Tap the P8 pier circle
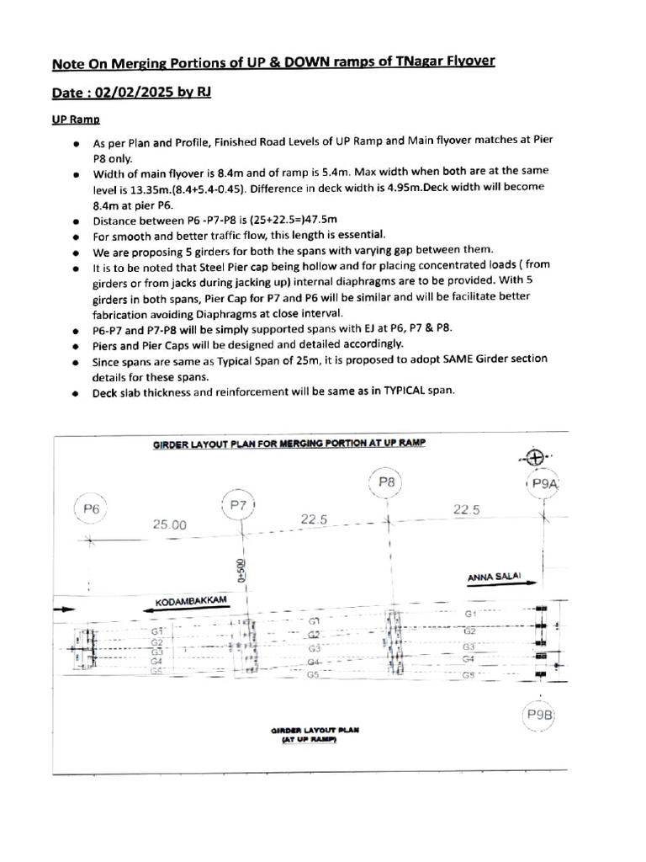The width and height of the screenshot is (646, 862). coord(387,482)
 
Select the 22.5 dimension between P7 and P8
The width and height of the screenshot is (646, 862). coord(312,519)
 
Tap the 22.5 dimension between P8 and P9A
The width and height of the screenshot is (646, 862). coord(465,509)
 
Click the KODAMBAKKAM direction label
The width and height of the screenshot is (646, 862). coord(192,603)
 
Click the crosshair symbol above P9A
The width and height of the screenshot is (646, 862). coord(534,458)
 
